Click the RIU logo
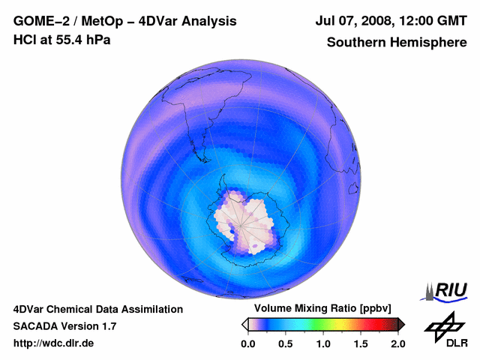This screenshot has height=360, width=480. (444, 289)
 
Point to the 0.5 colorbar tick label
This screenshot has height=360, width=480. (285, 343)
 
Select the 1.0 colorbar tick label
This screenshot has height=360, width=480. (323, 343)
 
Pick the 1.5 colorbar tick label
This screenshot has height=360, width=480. (361, 343)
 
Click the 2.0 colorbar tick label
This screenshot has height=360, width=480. (397, 343)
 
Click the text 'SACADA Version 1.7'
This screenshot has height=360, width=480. (64, 326)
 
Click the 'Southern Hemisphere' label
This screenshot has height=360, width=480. (397, 43)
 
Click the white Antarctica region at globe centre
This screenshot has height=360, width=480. (241, 218)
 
